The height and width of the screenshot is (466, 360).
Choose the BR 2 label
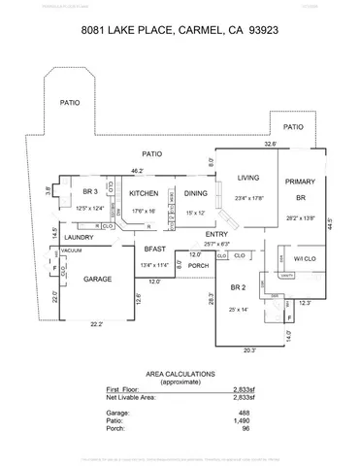tap(239, 287)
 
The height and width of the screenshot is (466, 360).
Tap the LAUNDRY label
tap(79, 238)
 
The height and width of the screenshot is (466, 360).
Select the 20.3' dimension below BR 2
tap(249, 350)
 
